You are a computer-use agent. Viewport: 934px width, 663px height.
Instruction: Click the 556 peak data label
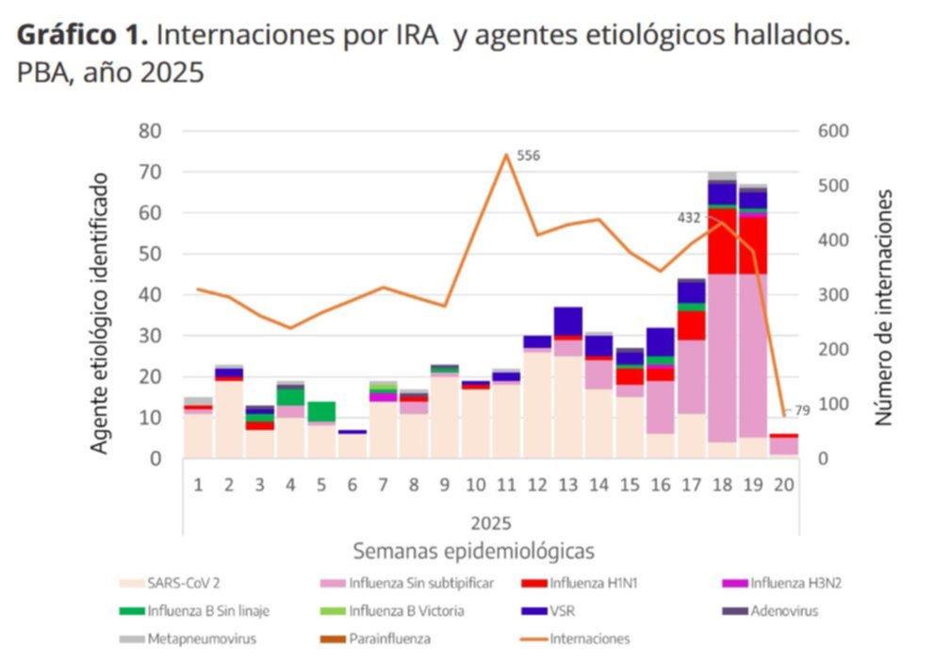tap(529, 156)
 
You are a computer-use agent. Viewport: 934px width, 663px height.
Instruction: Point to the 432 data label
tap(689, 218)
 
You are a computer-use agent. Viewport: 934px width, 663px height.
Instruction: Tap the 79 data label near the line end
tap(802, 411)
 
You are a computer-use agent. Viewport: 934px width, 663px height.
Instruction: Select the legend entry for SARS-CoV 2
tap(170, 583)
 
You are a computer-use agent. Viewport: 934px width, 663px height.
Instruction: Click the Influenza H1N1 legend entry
tap(579, 583)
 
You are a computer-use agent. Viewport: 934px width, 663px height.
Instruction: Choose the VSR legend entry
tap(548, 611)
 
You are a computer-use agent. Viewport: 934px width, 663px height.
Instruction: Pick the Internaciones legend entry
tap(575, 639)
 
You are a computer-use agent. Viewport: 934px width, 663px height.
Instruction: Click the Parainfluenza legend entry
tap(375, 639)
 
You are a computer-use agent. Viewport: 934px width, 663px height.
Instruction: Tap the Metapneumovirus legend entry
tap(188, 639)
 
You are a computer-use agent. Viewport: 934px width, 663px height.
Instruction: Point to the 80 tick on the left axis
tap(150, 131)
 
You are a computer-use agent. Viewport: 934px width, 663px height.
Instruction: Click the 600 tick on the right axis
tap(833, 131)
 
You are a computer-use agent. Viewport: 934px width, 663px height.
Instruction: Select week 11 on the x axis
tap(506, 486)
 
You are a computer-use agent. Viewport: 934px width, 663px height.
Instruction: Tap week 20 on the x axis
tap(784, 486)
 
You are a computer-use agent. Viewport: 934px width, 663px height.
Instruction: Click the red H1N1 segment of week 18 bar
tap(722, 240)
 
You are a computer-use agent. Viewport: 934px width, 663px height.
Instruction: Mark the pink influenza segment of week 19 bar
tap(753, 356)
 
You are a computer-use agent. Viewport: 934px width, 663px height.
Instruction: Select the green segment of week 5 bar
tap(321, 412)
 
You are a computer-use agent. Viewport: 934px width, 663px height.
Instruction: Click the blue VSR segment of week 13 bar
tap(568, 322)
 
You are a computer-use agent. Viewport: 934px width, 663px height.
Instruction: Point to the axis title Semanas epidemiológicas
tap(473, 551)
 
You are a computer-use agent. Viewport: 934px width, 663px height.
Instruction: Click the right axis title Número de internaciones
tap(884, 307)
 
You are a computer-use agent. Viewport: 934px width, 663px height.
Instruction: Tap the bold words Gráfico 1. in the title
tap(82, 36)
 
